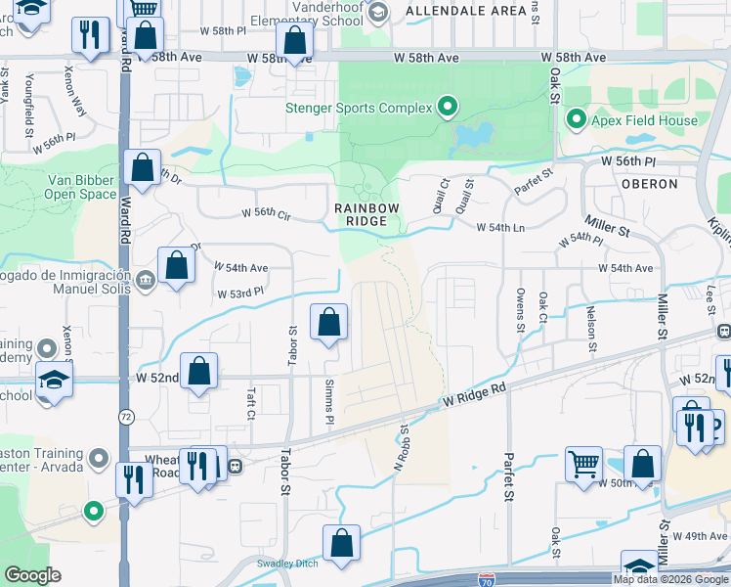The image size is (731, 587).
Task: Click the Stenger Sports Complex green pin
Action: coord(449,107)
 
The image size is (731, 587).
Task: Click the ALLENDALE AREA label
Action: coord(451,11)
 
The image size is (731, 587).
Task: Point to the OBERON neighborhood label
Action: coord(649,183)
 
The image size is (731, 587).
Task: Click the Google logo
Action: coord(32,575)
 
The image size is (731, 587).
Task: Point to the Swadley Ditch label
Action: coord(287,564)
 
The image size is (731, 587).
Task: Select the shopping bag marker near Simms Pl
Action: coord(329,321)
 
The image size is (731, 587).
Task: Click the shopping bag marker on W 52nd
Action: coord(198,371)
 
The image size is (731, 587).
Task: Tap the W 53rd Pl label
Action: coord(240,292)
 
